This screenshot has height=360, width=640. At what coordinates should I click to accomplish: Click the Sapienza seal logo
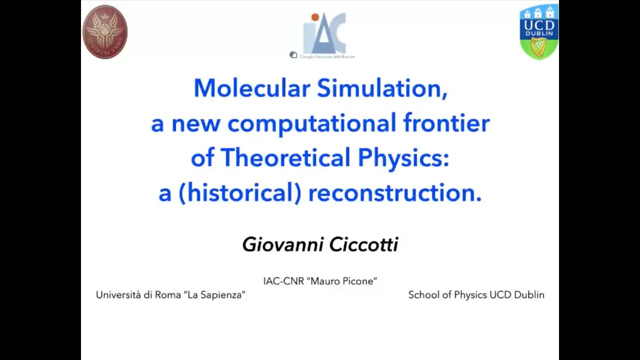pyautogui.click(x=104, y=31)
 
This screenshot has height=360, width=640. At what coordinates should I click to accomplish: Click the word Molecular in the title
pyautogui.click(x=251, y=88)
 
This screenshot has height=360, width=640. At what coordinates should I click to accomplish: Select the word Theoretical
pyautogui.click(x=285, y=158)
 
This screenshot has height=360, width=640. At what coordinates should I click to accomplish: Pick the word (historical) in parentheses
pyautogui.click(x=230, y=193)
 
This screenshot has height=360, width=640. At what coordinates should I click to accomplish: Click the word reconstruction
pyautogui.click(x=394, y=193)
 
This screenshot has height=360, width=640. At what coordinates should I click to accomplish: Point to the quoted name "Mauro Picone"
pyautogui.click(x=343, y=281)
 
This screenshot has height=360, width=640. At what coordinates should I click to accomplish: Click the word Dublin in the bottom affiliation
pyautogui.click(x=529, y=295)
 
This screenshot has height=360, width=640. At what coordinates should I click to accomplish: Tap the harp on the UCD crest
pyautogui.click(x=539, y=47)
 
